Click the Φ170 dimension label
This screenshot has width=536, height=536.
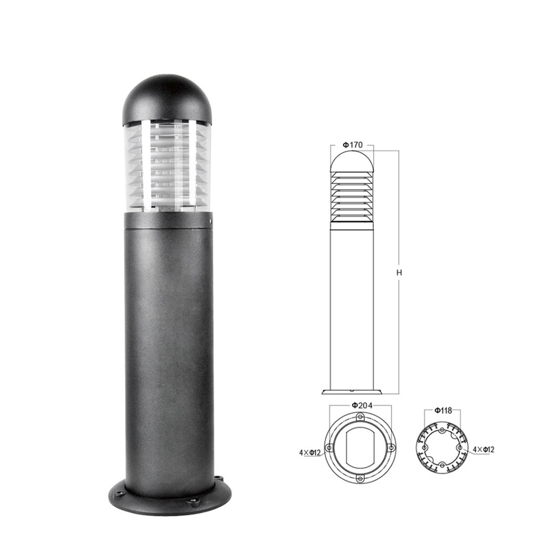point(352,145)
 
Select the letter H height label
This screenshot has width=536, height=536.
point(399,272)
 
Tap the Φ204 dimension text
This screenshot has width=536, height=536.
point(362,406)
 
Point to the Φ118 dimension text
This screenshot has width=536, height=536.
point(443,410)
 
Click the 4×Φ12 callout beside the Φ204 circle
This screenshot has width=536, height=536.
point(310,453)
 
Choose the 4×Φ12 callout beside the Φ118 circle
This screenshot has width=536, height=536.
point(483,450)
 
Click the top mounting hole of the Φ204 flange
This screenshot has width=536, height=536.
point(360,417)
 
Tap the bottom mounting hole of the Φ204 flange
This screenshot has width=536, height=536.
point(359,478)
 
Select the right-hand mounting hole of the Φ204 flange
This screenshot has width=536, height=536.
point(390,447)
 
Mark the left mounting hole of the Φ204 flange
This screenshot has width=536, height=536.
point(329,448)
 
